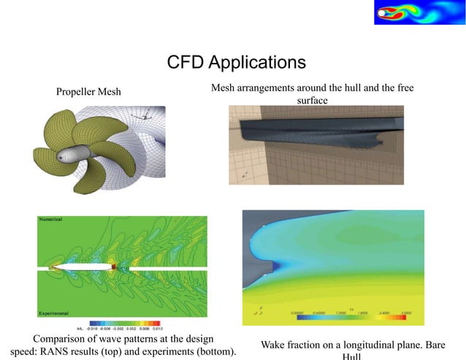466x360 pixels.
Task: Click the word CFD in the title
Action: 185,61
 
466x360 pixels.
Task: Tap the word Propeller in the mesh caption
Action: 75,92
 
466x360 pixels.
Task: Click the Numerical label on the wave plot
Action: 50,219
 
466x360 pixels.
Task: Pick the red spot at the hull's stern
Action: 114,267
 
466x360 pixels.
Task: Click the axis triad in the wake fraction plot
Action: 258,310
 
